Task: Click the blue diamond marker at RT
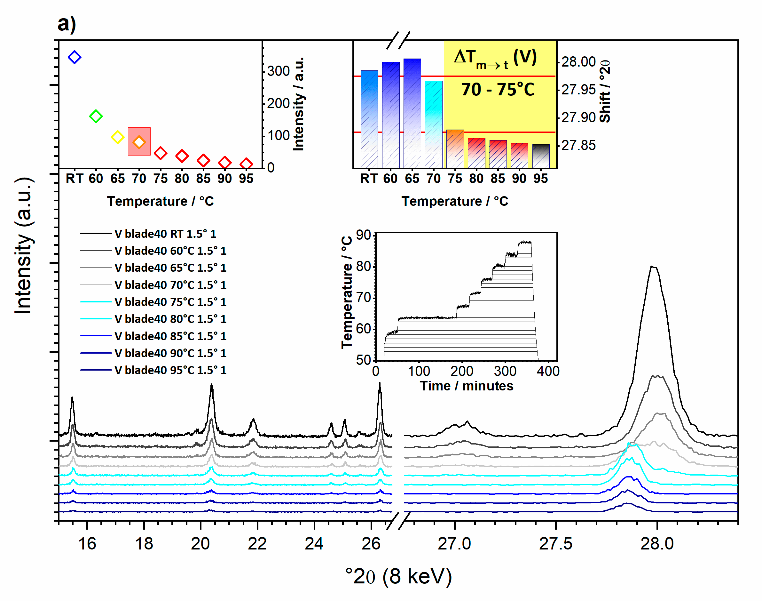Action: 75,57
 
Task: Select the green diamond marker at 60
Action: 96,116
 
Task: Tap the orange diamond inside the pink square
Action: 139,142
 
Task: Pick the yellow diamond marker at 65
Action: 117,137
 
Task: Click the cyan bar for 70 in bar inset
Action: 434,123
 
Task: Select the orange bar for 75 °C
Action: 455,148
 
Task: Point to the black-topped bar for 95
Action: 541,155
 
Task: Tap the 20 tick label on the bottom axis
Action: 200,544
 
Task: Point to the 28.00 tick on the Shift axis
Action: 578,62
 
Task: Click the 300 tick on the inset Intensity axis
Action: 279,71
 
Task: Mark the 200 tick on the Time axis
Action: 462,371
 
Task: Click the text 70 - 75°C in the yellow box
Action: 498,90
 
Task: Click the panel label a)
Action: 67,24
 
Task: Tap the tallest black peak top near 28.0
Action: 653,267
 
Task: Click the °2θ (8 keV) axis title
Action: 398,576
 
